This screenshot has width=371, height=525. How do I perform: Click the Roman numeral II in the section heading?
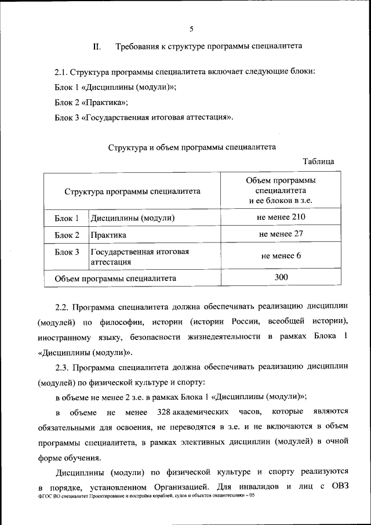[97, 46]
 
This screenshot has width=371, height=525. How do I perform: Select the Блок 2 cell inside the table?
[67, 235]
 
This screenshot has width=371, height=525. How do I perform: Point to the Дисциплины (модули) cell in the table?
[132, 218]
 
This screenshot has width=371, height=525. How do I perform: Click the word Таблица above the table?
[319, 161]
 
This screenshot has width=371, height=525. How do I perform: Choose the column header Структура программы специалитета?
[132, 190]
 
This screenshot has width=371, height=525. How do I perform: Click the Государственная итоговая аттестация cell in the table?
[139, 256]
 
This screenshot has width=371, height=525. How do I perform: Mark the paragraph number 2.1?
[61, 72]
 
